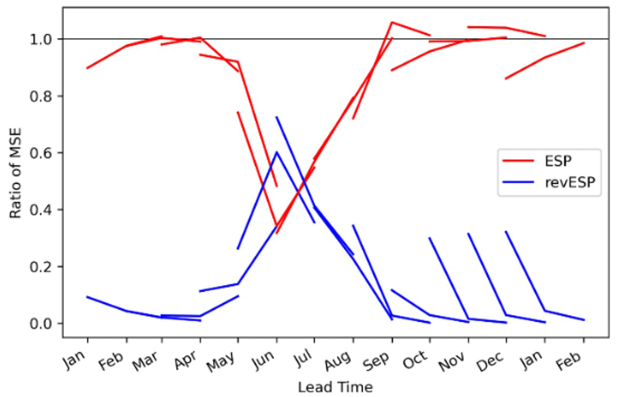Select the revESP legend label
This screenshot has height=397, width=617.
click(568, 182)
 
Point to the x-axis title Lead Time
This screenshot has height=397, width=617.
click(335, 387)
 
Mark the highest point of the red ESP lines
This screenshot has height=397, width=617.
click(391, 22)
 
